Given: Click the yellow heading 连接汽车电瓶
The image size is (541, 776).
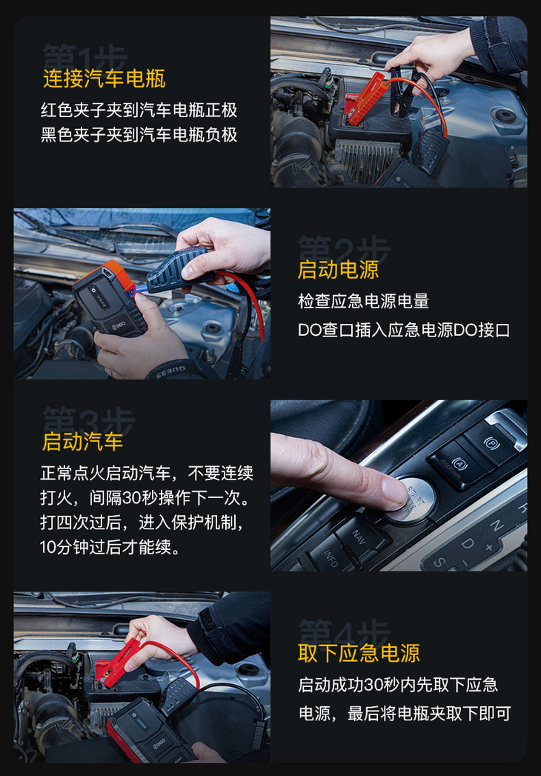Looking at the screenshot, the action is point(104,79).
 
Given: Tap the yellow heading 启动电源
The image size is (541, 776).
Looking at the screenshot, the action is point(338,270).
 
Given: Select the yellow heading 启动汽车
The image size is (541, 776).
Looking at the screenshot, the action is point(83,442).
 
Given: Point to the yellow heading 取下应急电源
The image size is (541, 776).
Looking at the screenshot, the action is point(359,653).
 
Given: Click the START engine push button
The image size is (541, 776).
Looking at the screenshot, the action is point(414,498).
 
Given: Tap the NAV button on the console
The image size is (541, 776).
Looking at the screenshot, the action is point(360,537).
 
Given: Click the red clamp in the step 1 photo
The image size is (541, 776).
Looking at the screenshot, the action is point(365,99).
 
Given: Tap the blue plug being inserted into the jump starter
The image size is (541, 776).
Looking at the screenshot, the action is point(141,291).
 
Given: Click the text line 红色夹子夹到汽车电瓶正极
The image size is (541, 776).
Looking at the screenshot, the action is point(139,110).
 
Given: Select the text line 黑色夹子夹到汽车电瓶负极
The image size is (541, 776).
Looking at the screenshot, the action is point(139,134).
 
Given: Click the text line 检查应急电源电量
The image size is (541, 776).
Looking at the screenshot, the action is point(363,301).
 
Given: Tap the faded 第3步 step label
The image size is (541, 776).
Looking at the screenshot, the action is point(88,421).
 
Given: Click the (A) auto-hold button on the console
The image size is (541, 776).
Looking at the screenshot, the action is point(458,464).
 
